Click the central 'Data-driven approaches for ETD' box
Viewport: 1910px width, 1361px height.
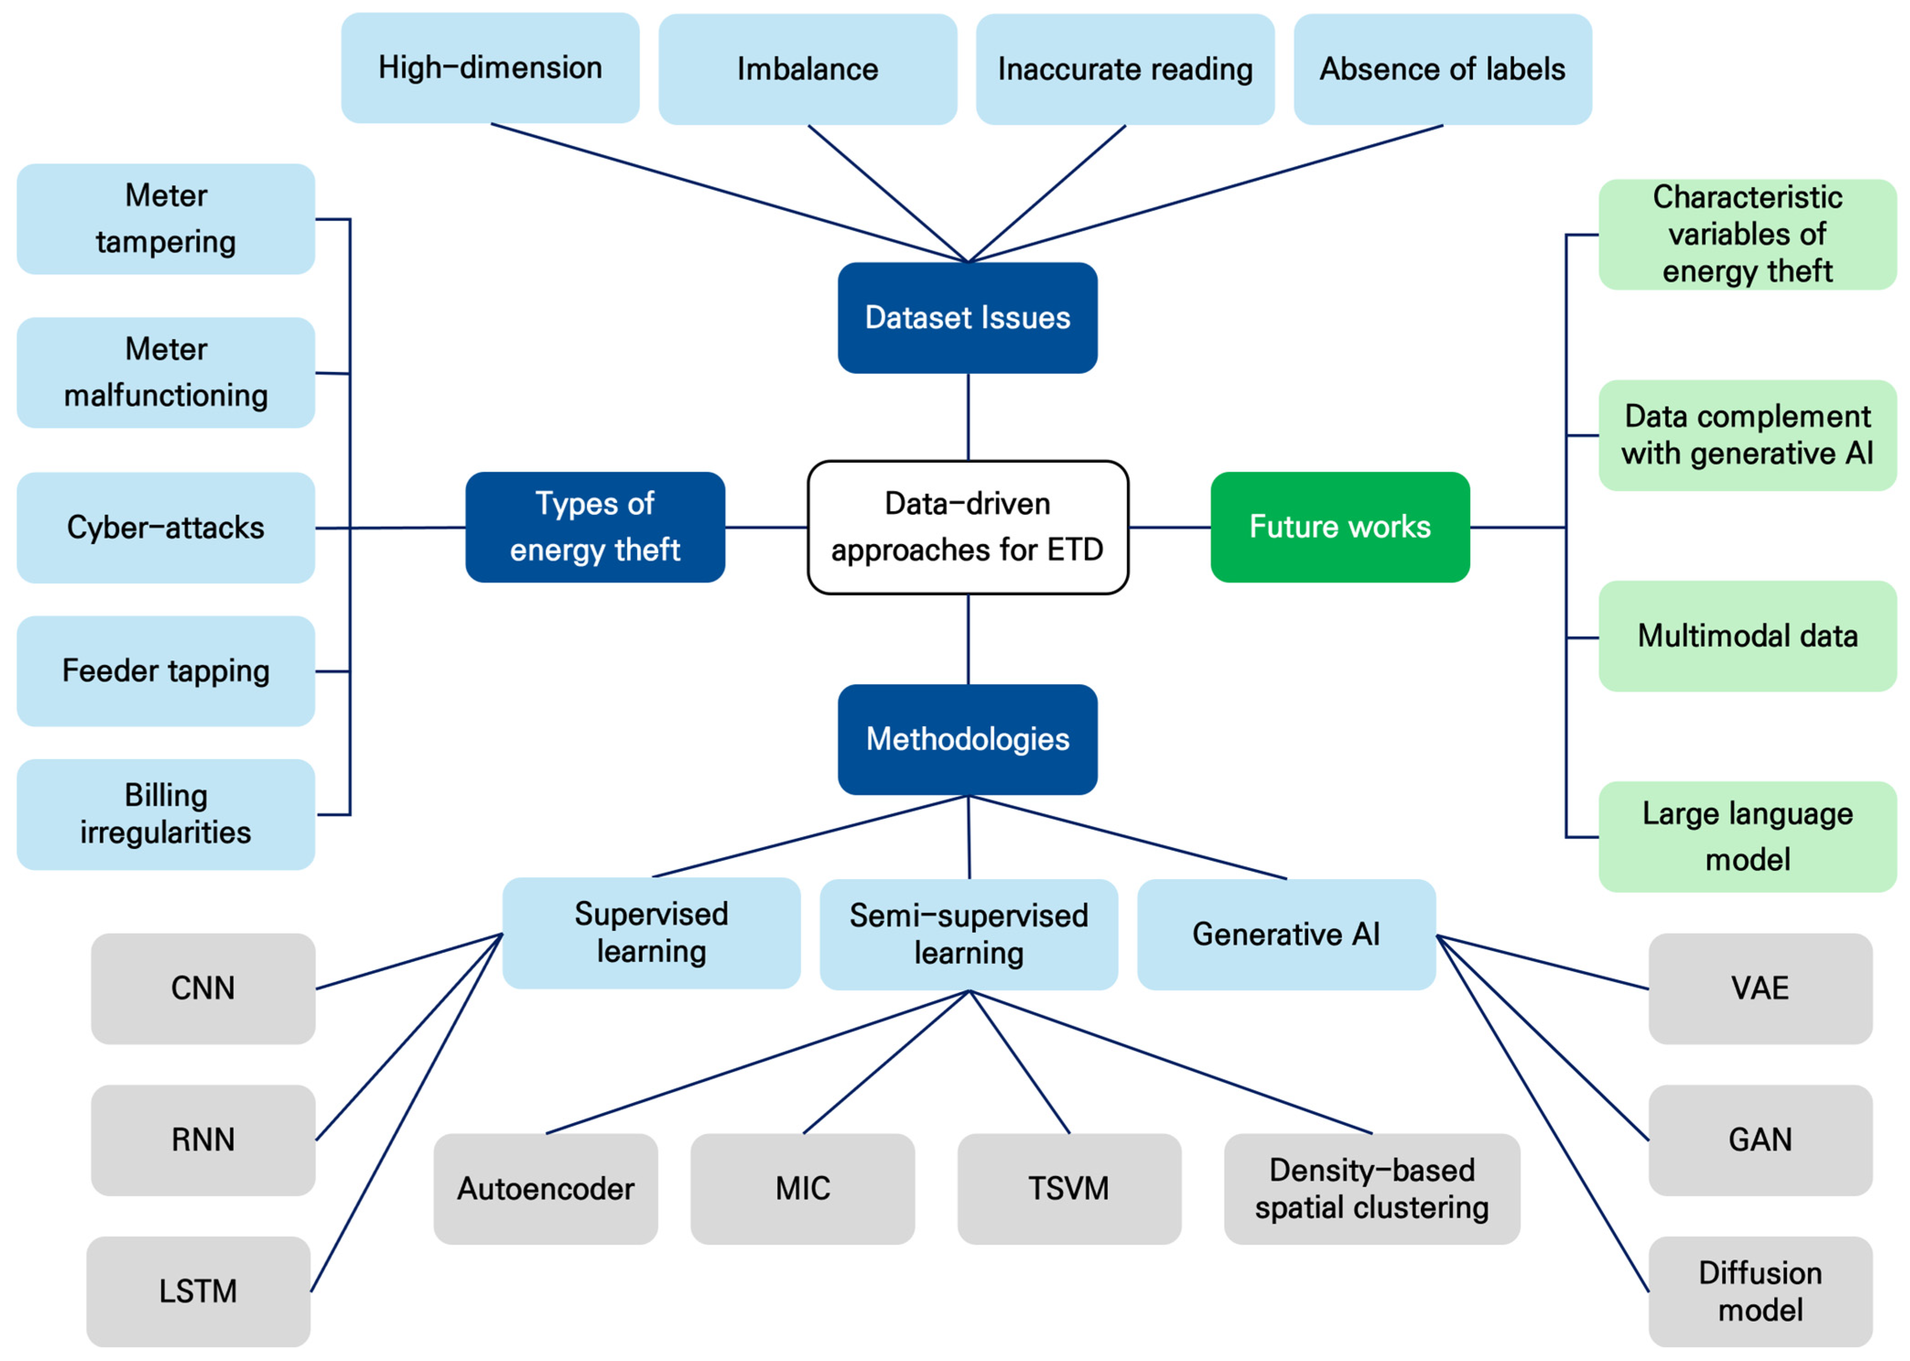(967, 527)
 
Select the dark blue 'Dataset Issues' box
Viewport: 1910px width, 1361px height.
(967, 318)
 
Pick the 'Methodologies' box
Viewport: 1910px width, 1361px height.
(967, 739)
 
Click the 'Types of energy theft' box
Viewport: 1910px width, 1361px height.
(595, 527)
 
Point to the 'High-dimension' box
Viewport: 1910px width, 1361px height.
(490, 68)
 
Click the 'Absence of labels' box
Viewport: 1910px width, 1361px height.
(1442, 69)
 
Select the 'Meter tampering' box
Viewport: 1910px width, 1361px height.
(166, 219)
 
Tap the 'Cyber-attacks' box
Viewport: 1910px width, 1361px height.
(166, 528)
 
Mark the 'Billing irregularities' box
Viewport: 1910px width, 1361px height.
(166, 814)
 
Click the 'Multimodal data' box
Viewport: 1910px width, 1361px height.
(1748, 636)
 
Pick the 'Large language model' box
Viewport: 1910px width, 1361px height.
(1748, 837)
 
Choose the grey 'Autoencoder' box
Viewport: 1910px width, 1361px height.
(545, 1188)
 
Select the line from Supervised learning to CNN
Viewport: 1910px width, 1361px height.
(409, 961)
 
